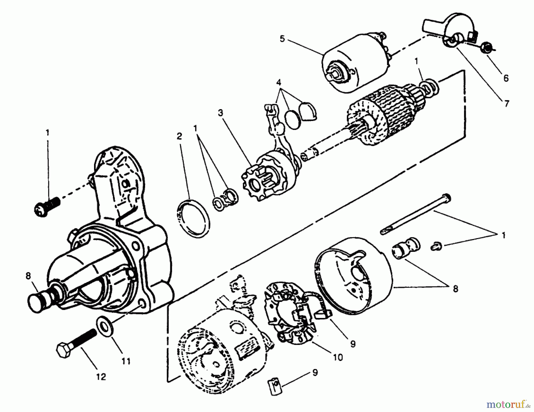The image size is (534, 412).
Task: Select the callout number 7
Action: pyautogui.click(x=506, y=104)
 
